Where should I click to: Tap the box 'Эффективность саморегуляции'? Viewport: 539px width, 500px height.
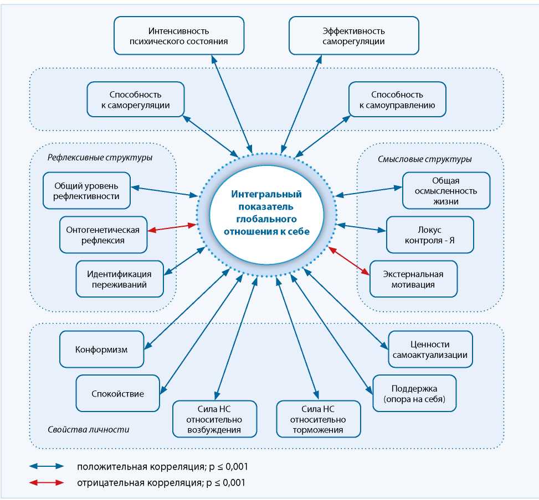click(354, 35)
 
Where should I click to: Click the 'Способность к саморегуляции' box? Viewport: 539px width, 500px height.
click(136, 100)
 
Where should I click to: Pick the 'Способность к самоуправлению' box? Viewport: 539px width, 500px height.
click(397, 100)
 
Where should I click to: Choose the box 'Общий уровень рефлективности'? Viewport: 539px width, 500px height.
click(87, 190)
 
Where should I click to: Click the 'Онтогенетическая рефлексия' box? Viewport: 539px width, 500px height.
click(103, 235)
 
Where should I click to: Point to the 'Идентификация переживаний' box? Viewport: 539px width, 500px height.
click(120, 278)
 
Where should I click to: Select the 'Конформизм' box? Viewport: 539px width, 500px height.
click(101, 350)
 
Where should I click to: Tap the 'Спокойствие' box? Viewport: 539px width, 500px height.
click(117, 394)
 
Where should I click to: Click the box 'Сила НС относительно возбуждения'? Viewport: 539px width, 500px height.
click(214, 419)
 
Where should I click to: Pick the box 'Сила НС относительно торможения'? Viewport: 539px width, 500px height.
click(319, 419)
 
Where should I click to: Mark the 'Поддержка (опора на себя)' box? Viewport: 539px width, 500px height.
click(414, 393)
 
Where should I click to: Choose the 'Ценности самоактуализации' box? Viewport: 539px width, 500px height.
click(430, 349)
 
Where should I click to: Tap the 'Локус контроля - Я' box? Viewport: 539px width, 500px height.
click(430, 235)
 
